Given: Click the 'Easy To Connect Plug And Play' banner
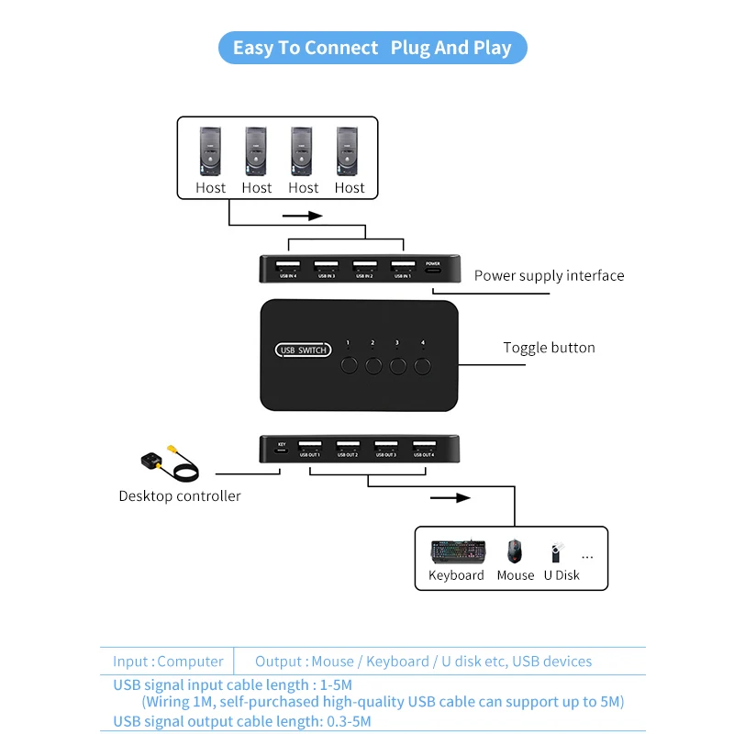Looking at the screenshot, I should pyautogui.click(x=372, y=48).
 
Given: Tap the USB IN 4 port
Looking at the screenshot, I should pyautogui.click(x=287, y=267).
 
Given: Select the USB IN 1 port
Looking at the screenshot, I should pyautogui.click(x=401, y=267).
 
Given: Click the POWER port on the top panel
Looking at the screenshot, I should pyautogui.click(x=433, y=268).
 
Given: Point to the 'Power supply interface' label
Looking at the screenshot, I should pyautogui.click(x=549, y=275).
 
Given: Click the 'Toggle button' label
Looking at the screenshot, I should pyautogui.click(x=549, y=348).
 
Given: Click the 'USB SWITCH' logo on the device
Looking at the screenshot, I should pyautogui.click(x=303, y=350).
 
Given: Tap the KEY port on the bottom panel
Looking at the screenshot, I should pyautogui.click(x=282, y=450).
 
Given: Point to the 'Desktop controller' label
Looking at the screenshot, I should pyautogui.click(x=180, y=496).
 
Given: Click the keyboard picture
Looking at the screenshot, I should pyautogui.click(x=457, y=551).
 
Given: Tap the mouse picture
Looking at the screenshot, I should pyautogui.click(x=515, y=550).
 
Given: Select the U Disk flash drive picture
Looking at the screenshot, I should pyautogui.click(x=555, y=553).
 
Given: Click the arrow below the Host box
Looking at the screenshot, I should pyautogui.click(x=303, y=217).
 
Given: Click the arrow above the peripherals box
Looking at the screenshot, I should pyautogui.click(x=450, y=498).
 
